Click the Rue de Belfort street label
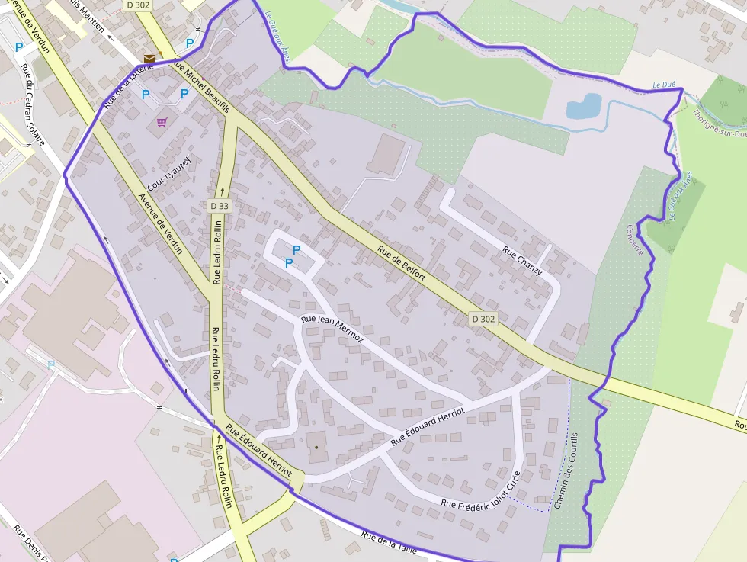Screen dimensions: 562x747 [402, 265]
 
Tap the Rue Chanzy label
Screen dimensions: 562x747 [523, 261]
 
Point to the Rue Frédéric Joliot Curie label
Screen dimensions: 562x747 [480, 495]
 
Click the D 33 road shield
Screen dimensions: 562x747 [219, 205]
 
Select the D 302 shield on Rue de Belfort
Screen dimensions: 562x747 [483, 319]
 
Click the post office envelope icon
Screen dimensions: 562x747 [149, 58]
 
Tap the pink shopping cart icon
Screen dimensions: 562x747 [162, 121]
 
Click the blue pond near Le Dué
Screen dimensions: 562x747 [583, 106]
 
